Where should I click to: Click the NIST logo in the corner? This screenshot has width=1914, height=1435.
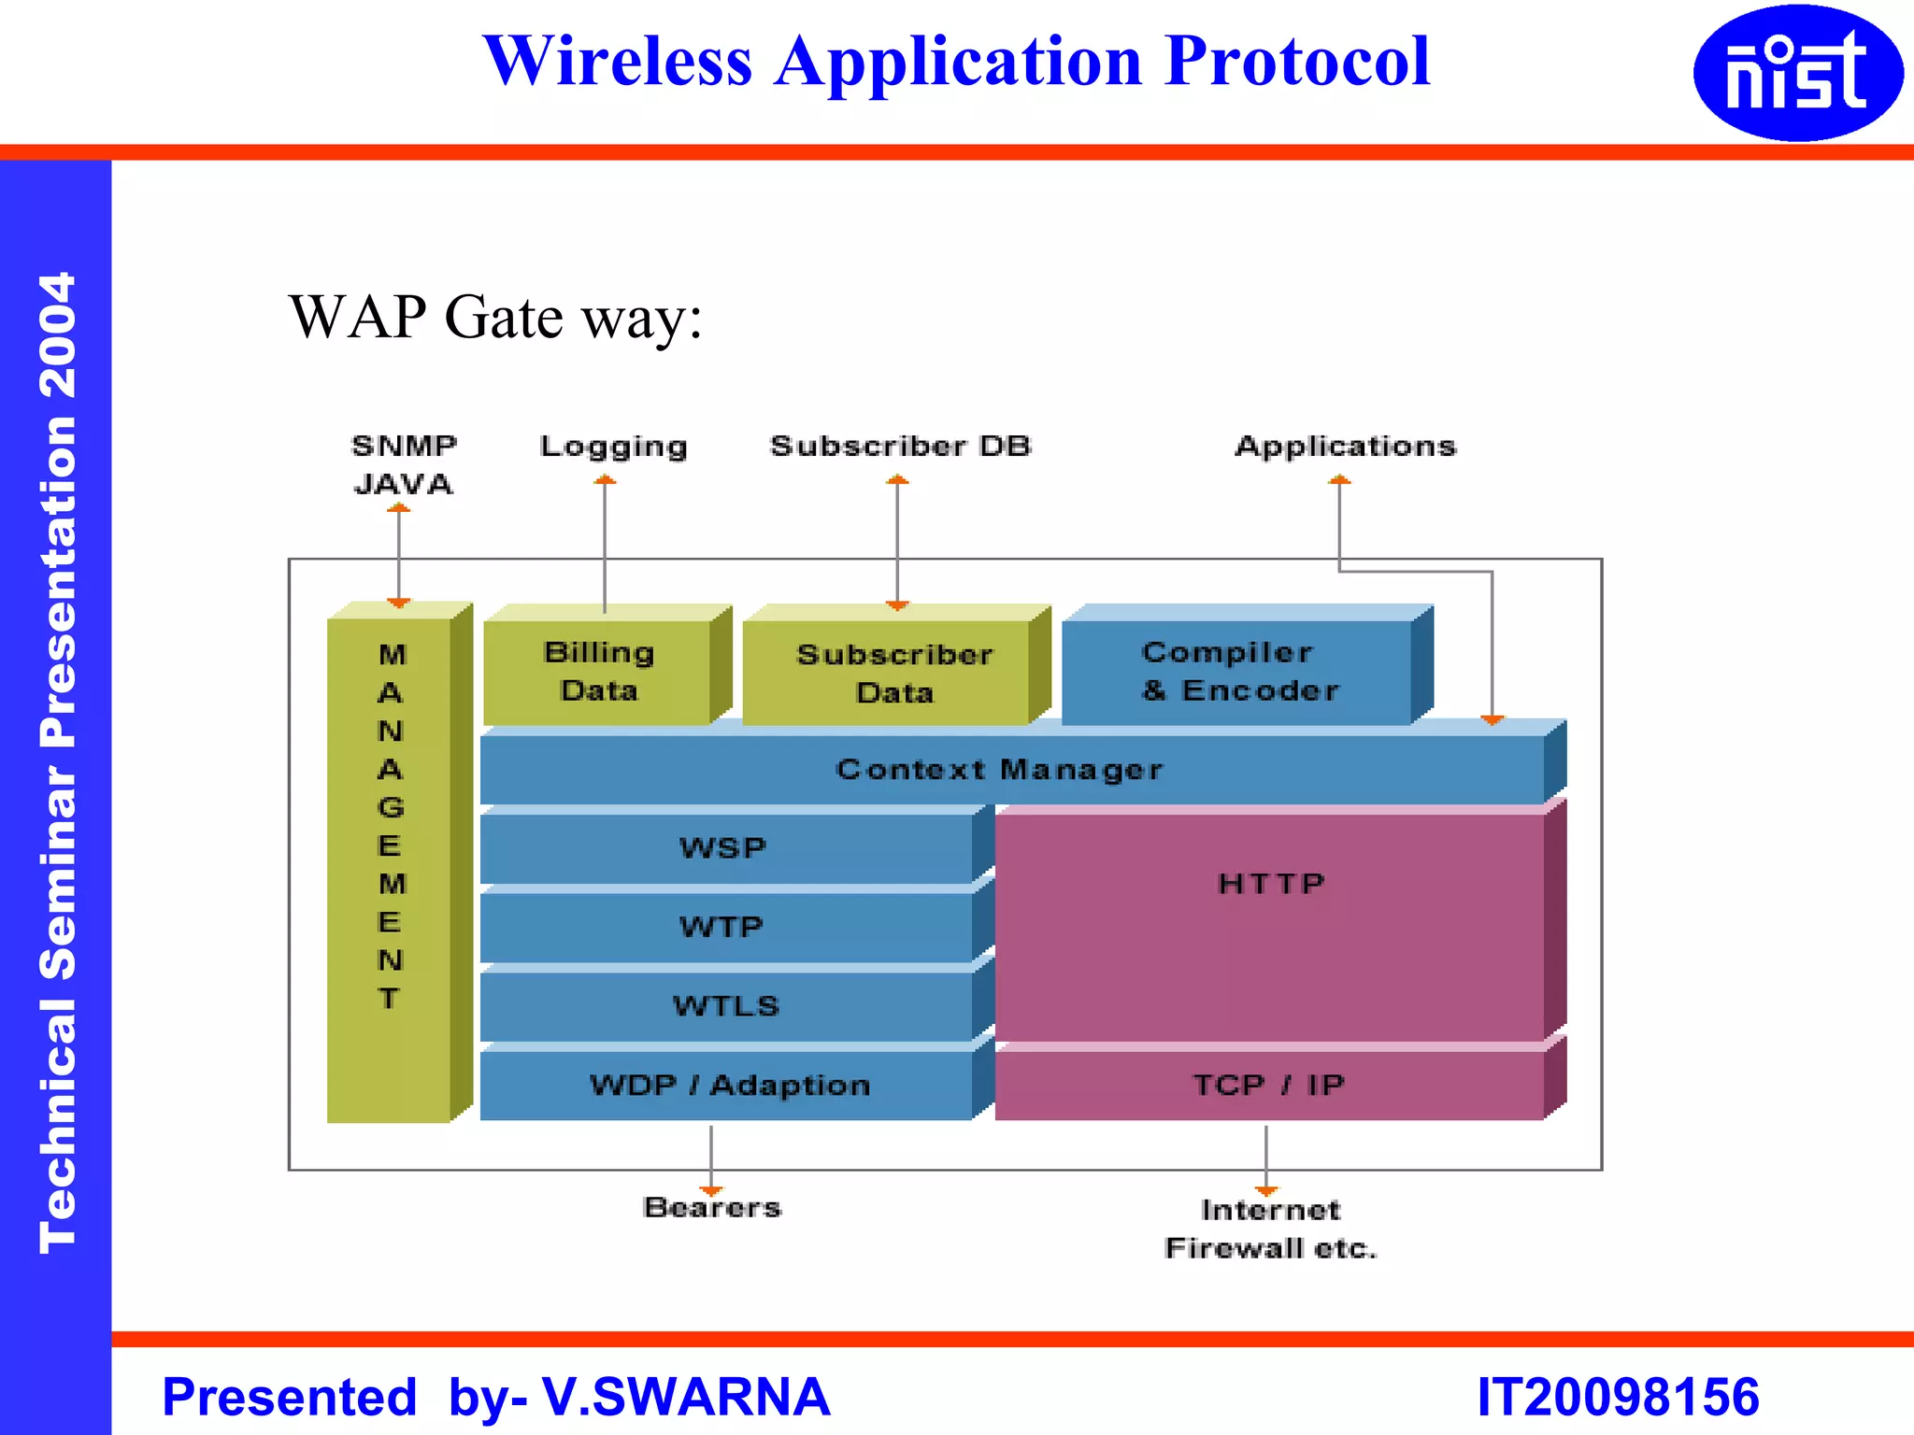1796,73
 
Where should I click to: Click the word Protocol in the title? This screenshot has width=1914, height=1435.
1297,62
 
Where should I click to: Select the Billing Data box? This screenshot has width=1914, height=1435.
598,672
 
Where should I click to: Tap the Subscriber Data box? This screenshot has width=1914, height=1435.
893,674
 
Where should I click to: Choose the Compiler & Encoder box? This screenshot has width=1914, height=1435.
1239,672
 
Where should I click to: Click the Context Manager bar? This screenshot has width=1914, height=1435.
998,770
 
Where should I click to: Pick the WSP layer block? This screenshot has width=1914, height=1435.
723,848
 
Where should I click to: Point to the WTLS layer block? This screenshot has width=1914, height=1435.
725,1006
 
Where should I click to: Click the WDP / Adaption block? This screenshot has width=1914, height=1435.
729,1086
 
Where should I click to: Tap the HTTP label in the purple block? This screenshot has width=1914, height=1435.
1271,884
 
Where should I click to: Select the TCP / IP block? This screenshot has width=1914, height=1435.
1269,1086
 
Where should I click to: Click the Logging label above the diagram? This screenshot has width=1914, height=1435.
613,447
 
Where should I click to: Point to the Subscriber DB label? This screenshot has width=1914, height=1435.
900,447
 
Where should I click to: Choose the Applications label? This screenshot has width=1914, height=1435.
1345,447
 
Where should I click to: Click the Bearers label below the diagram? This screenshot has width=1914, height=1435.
712,1208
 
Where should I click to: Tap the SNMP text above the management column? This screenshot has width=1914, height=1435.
404,447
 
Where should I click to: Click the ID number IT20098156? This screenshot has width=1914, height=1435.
1618,1397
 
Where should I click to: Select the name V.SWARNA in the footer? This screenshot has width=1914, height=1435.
686,1397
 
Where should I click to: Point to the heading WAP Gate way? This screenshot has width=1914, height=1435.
495,318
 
